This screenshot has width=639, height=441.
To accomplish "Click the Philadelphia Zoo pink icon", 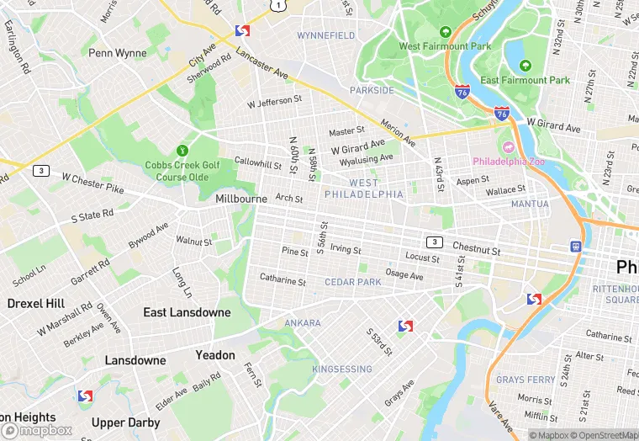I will click(x=507, y=146).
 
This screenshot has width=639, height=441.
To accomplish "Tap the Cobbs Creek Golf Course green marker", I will click(x=182, y=151).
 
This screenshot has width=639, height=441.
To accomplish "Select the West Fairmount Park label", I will click(x=444, y=46).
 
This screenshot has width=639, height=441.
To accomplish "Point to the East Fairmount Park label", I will click(x=525, y=80).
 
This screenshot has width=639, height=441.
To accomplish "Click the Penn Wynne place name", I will click(x=118, y=52).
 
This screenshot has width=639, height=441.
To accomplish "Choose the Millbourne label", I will click(x=241, y=199).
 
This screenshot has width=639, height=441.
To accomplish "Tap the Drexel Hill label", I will click(x=36, y=303).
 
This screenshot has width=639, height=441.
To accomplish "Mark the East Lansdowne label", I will click(x=187, y=312).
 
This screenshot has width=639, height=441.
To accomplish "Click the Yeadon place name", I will click(x=215, y=355).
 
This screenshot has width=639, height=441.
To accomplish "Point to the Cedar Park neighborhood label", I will click(x=353, y=282).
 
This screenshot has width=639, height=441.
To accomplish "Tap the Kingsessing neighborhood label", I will click(x=342, y=369).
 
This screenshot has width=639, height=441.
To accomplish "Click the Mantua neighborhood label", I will click(x=530, y=205).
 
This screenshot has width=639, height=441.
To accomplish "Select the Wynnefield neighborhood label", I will click(x=326, y=36).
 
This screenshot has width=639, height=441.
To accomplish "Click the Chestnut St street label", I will click(x=476, y=250).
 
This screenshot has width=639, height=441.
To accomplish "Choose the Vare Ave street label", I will click(x=499, y=416).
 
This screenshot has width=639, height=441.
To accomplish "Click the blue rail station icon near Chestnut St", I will click(x=576, y=247).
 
